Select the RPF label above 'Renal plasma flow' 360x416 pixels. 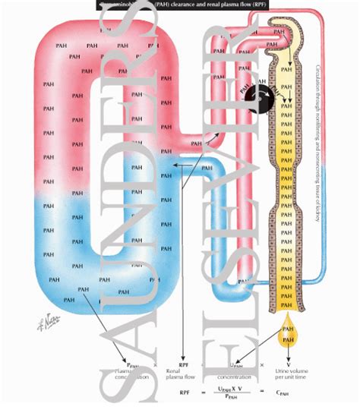click(x=183, y=364)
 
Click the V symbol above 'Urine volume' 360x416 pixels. click(x=288, y=364)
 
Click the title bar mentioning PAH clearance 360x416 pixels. click(x=179, y=5)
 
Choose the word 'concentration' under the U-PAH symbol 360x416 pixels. click(x=235, y=376)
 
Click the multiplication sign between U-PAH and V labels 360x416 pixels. click(x=263, y=364)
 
